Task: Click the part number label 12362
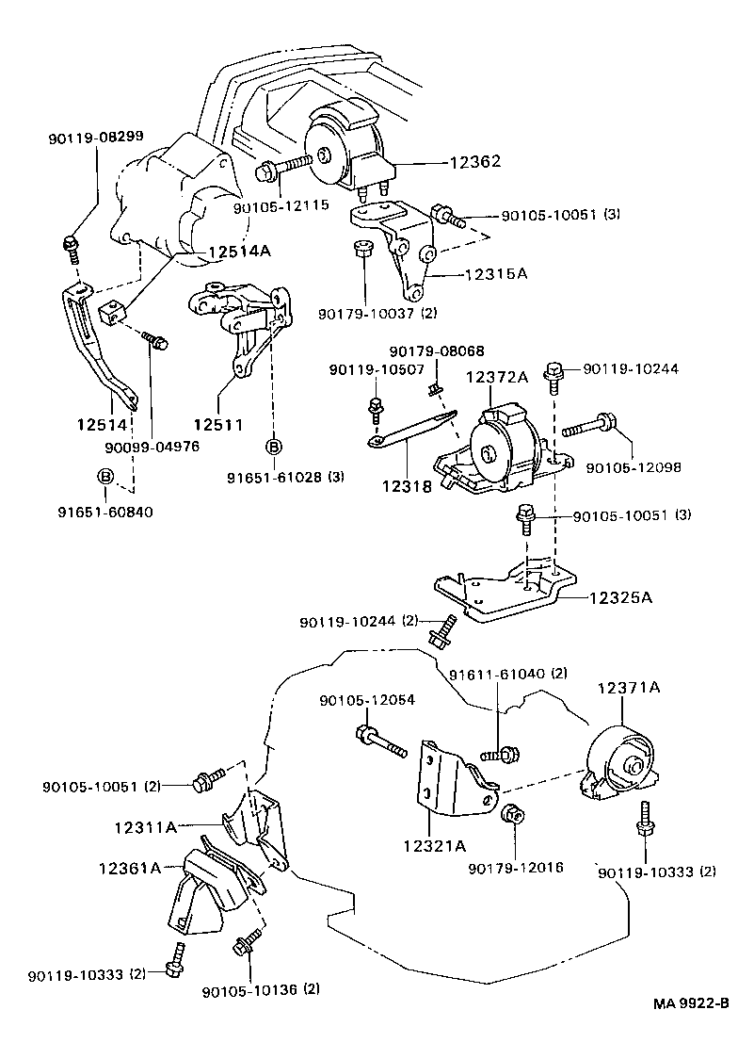point(450,163)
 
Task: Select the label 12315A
point(495,274)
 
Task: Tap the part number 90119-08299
point(96,137)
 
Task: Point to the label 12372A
point(497,377)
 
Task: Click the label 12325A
point(621,597)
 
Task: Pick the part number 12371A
point(628,689)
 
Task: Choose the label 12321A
point(435,846)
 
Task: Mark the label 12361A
point(130,866)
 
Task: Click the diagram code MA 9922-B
point(692,1029)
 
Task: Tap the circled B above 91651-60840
point(106,478)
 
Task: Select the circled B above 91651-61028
point(274,447)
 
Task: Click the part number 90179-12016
point(516,866)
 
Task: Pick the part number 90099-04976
point(152,447)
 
